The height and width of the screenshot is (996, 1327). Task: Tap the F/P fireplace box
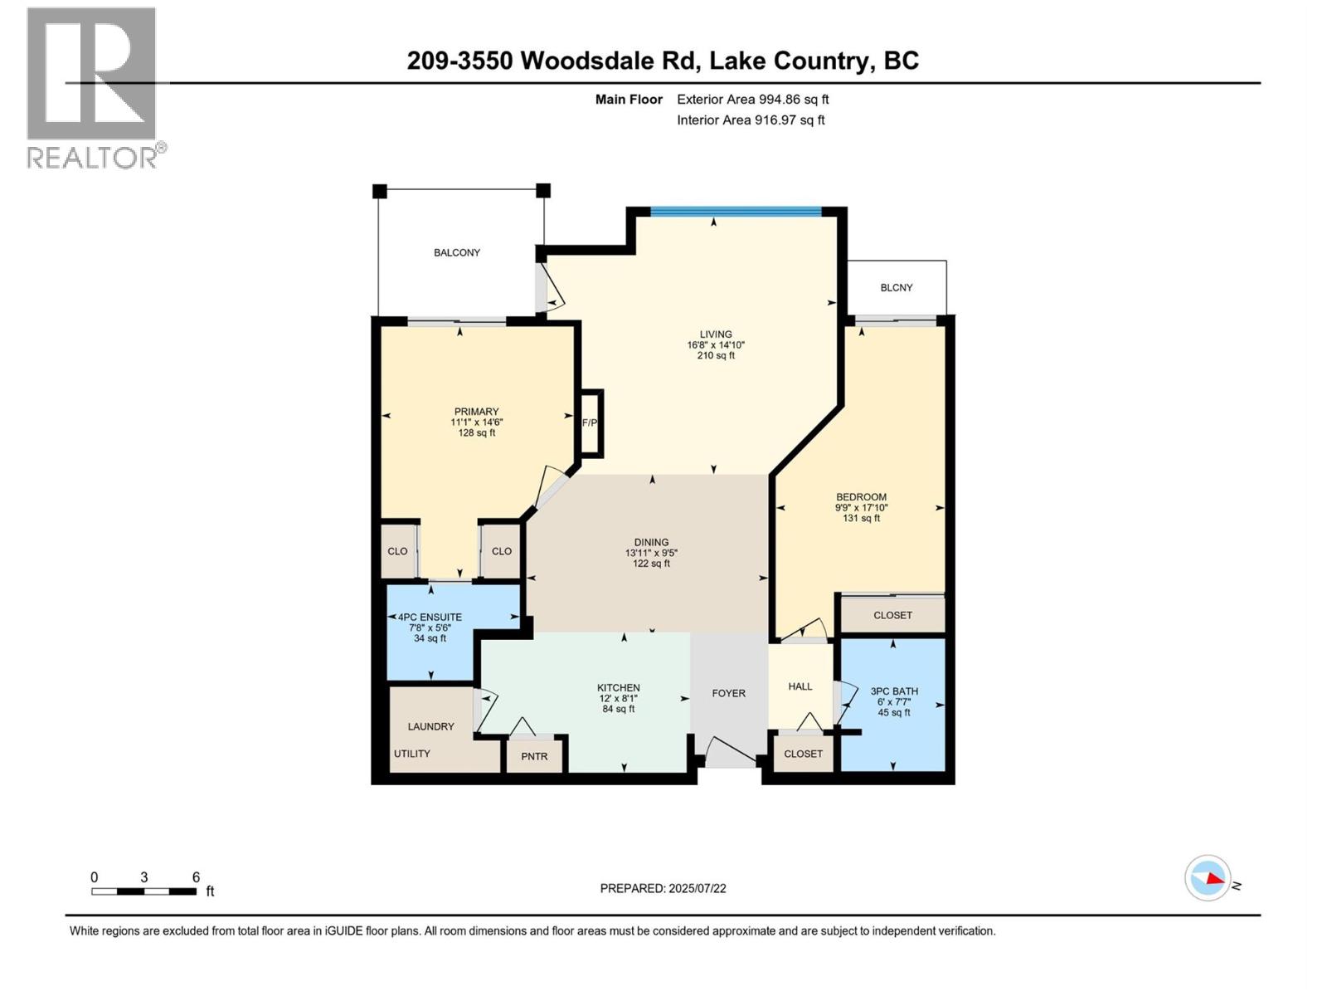(x=591, y=422)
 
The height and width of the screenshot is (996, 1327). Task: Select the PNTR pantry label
(x=534, y=756)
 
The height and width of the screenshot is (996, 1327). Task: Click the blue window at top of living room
(x=736, y=212)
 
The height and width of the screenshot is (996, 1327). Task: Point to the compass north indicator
(x=1208, y=878)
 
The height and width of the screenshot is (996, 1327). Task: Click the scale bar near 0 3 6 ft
(x=143, y=891)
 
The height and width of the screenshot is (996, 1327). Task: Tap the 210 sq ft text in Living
(x=716, y=356)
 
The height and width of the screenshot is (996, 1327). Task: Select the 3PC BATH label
(x=894, y=691)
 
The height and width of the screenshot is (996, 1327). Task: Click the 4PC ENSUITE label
(x=430, y=618)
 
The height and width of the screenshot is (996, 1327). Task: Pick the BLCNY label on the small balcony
(x=896, y=288)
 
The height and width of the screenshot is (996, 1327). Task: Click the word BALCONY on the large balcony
(x=457, y=252)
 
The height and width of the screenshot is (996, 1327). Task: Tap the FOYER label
(x=728, y=693)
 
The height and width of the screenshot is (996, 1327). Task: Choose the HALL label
(x=800, y=686)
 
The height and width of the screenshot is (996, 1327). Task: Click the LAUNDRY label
(x=430, y=726)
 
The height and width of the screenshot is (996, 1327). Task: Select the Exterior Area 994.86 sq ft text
(x=752, y=100)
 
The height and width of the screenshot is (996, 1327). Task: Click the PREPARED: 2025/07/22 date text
(x=663, y=888)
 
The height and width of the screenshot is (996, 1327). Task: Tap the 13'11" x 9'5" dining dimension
(x=651, y=553)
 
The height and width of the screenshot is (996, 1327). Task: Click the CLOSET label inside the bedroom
(x=892, y=615)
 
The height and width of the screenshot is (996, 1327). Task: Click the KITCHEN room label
(x=618, y=687)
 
